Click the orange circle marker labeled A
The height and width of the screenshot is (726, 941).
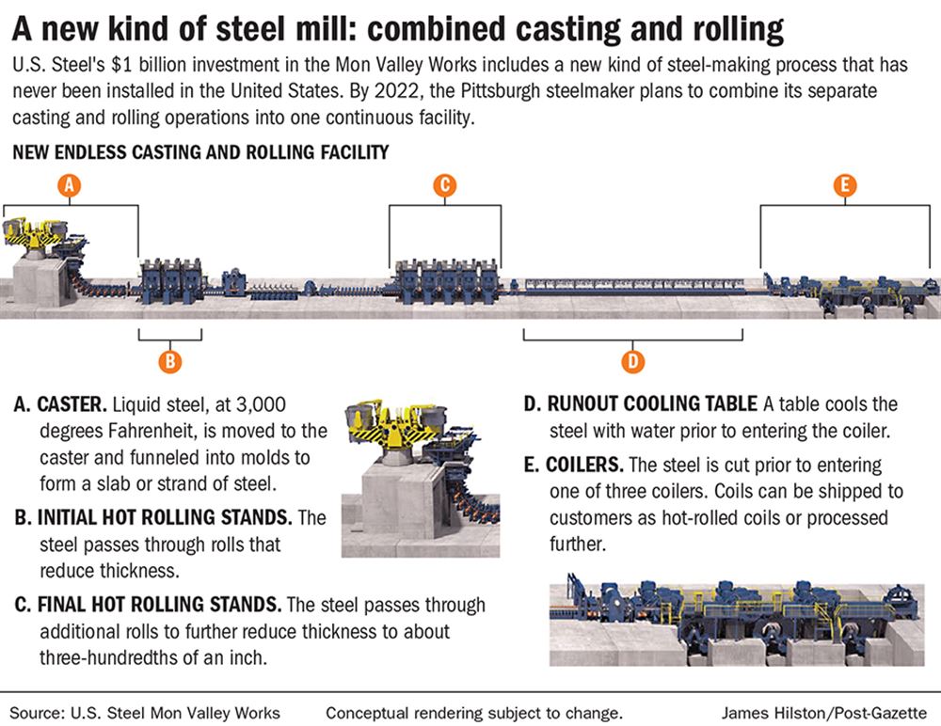[x=68, y=186]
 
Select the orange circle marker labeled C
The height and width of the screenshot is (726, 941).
[x=445, y=186]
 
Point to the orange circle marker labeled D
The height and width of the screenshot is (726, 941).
[x=633, y=360]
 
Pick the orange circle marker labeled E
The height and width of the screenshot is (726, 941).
[x=845, y=186]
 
